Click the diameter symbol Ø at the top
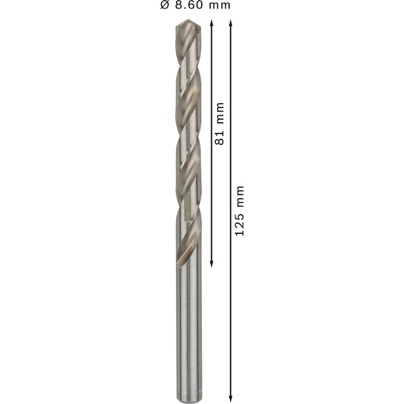pyautogui.click(x=165, y=5)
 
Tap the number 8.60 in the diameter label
pyautogui.click(x=189, y=5)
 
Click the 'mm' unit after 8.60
pyautogui.click(x=219, y=6)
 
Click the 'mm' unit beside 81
pyautogui.click(x=220, y=112)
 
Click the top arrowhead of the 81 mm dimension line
pyautogui.click(x=212, y=23)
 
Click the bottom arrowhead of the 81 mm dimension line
pyautogui.click(x=212, y=264)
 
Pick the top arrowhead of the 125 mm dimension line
pyautogui.click(x=231, y=23)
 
